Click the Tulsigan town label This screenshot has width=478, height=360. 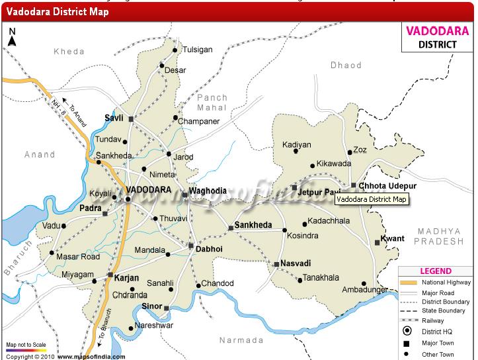click(x=198, y=50)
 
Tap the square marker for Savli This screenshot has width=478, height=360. click(x=131, y=119)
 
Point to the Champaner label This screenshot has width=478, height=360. click(x=202, y=122)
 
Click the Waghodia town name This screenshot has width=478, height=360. click(x=208, y=191)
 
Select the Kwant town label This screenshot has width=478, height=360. click(x=393, y=238)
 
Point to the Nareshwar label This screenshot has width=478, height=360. click(x=154, y=326)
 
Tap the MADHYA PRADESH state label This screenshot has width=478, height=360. click(x=439, y=236)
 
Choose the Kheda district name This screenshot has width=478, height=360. click(x=69, y=52)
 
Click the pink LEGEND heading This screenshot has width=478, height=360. click(x=436, y=271)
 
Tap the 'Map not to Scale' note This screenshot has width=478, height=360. click(x=26, y=345)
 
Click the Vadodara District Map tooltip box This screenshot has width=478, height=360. click(x=371, y=199)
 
